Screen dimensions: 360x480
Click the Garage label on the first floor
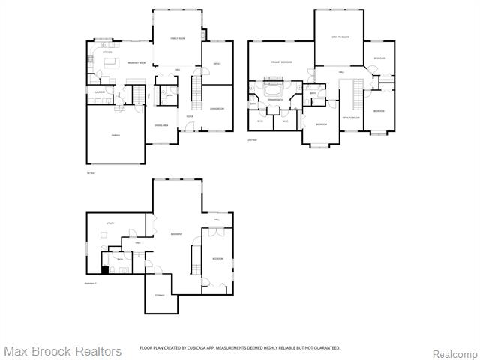pos(115,136)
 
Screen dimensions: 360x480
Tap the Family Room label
pos(178,37)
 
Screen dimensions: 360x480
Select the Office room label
pos(217,64)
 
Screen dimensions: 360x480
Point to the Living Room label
pos(217,109)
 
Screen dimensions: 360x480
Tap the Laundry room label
pos(99,91)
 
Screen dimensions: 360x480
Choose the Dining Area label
pos(162,125)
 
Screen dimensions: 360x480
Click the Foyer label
pos(190,116)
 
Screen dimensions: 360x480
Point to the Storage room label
pos(160,295)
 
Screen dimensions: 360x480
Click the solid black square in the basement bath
pos(105,270)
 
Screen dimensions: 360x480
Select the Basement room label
pos(177,234)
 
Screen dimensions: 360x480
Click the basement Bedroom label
pos(217,258)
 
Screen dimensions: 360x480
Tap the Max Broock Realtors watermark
pos(62,351)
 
